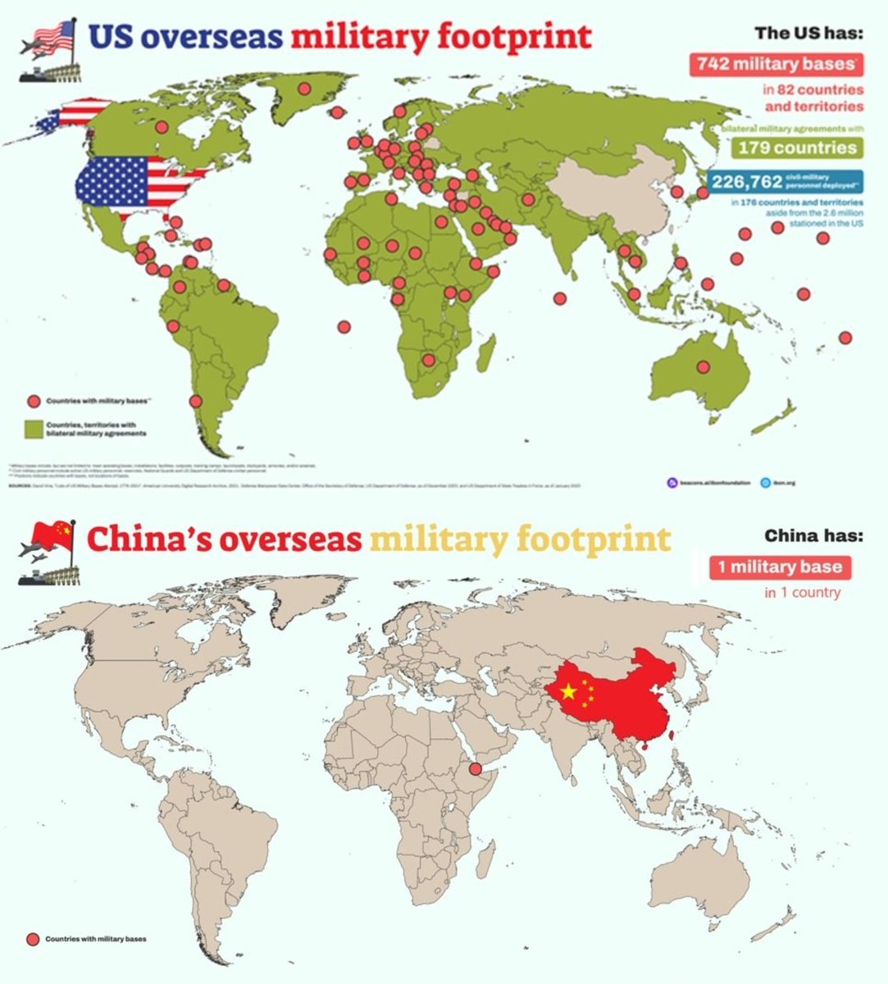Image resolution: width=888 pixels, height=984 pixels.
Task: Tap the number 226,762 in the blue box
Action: pos(747,181)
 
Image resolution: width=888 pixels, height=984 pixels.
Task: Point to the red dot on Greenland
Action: pos(304,89)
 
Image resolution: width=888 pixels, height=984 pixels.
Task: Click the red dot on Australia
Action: pos(702,367)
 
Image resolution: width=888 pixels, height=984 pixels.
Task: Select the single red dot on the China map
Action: pos(474,769)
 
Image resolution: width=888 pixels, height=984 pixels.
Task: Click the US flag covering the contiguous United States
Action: pos(139,181)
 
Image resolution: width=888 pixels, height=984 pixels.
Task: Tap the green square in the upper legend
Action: pos(34,429)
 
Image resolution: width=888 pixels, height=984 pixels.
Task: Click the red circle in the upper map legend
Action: pos(34,401)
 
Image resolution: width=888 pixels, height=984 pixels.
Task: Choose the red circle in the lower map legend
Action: pos(34,939)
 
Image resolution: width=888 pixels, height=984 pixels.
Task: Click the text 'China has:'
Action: pos(813,535)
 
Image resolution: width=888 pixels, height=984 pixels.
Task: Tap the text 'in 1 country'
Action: pos(802,592)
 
